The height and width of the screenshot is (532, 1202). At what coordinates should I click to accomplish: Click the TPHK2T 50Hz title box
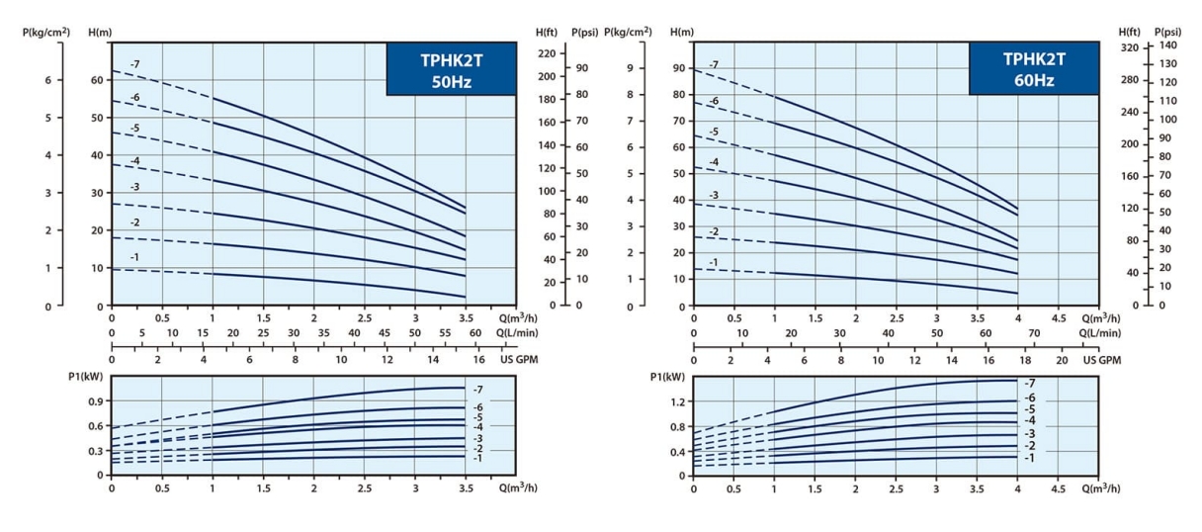click(x=451, y=69)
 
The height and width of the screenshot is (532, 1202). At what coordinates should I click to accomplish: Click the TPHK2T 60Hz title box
click(x=1033, y=69)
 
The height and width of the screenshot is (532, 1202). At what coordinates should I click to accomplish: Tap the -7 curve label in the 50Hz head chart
click(x=134, y=64)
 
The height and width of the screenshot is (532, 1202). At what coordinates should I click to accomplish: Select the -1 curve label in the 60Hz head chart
click(x=713, y=263)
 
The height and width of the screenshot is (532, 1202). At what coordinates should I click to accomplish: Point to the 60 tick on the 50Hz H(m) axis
click(x=97, y=79)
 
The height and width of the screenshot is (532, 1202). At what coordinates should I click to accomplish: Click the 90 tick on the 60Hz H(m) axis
click(x=678, y=68)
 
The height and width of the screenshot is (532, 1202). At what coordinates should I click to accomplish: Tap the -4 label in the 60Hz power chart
click(x=1028, y=420)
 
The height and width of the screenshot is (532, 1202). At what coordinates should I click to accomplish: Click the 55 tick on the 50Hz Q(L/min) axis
click(x=445, y=333)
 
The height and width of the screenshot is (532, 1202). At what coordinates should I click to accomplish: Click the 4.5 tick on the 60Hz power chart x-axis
click(x=1059, y=488)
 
